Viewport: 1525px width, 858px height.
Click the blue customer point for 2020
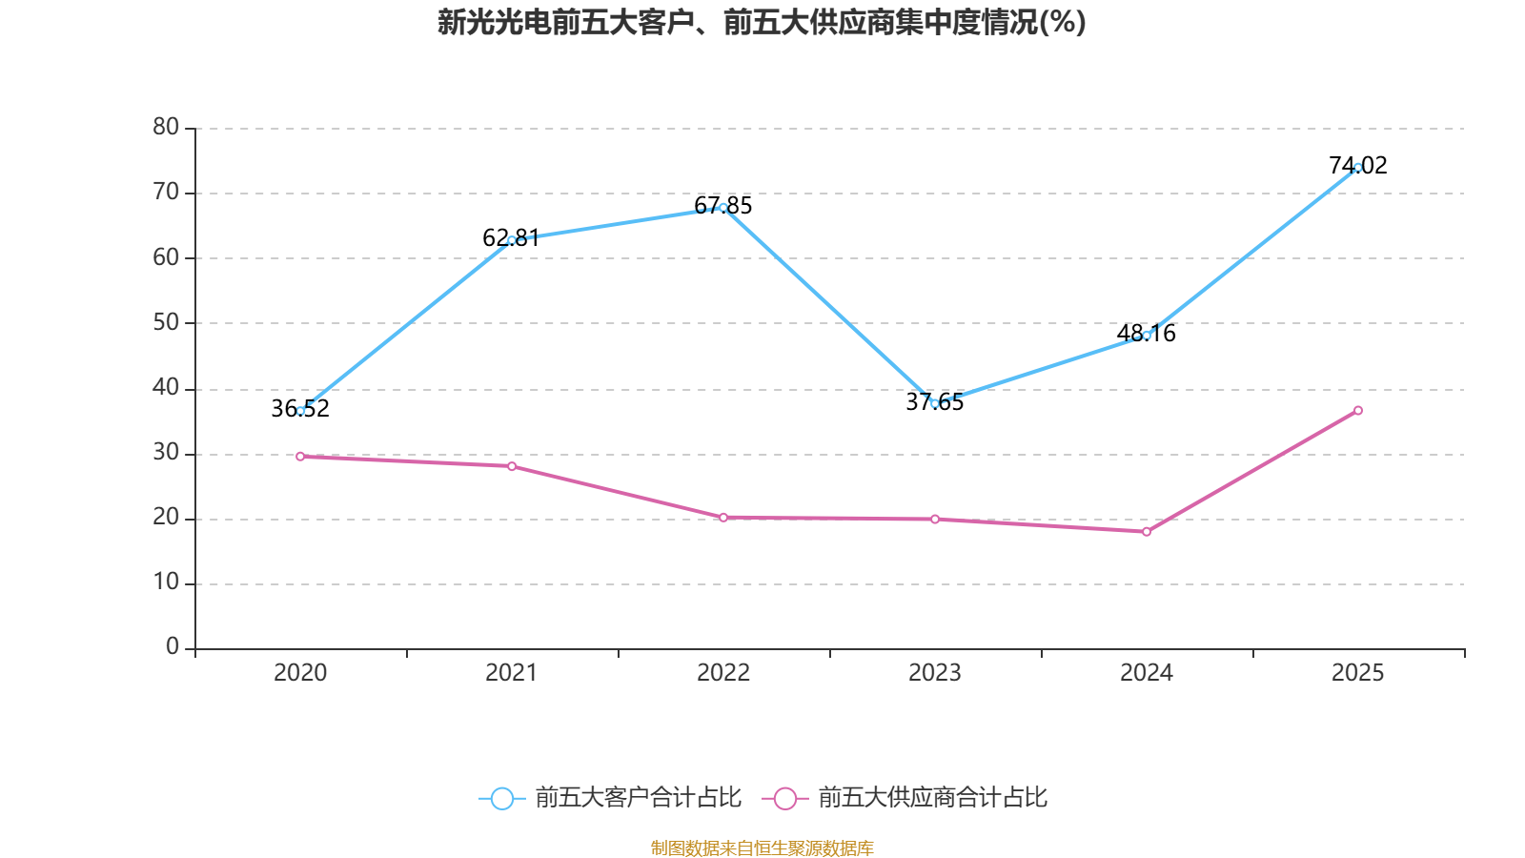300,411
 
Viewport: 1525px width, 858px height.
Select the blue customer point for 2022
723,208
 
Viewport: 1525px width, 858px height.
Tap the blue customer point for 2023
935,403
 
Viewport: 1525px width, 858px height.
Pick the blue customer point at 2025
1358,168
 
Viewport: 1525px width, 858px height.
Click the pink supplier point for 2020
300,457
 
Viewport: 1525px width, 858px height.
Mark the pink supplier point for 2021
512,466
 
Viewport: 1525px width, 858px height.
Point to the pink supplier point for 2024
1147,532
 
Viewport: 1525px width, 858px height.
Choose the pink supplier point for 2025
1358,411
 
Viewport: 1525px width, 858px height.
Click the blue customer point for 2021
512,240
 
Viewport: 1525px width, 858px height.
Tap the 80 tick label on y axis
166,127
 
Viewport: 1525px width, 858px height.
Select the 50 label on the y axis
166,322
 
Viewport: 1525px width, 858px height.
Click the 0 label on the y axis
173,647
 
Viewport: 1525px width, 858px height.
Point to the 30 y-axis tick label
166,453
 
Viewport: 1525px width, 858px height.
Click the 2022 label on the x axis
723,673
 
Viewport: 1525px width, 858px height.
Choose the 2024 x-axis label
1147,673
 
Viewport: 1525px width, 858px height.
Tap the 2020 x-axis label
300,673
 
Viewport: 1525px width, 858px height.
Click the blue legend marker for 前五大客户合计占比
501,798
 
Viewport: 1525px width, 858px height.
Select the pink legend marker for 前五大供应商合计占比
784,798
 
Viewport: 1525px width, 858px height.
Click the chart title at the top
762,22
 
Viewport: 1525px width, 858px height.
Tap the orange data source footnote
762,848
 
